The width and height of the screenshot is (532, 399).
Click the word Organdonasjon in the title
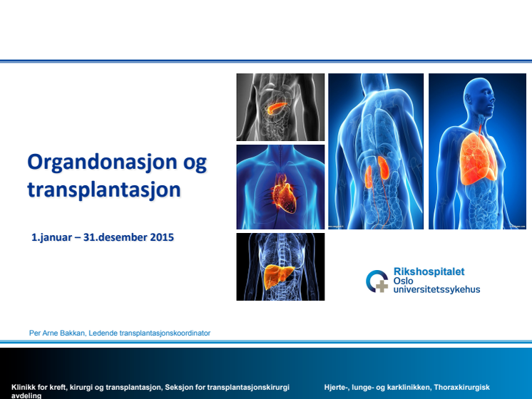coord(103,162)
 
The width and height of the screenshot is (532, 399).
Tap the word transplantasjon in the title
coord(104,190)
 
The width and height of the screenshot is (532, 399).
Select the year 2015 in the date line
coord(162,237)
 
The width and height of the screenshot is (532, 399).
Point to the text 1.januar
coord(51,237)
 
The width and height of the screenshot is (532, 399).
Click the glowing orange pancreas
coord(277,108)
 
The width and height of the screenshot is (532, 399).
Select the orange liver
coord(278,276)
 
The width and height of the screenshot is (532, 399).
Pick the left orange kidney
coord(369,177)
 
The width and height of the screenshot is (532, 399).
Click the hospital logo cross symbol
coord(382,286)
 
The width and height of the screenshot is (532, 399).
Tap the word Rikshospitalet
coord(429,271)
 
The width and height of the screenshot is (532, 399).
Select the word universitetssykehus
coord(436,289)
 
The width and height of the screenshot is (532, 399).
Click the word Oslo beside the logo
coord(403,281)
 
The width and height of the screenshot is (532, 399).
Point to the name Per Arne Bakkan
coord(56,333)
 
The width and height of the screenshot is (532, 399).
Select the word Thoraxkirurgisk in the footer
coord(461,387)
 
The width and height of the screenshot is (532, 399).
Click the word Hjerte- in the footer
coord(336,387)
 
